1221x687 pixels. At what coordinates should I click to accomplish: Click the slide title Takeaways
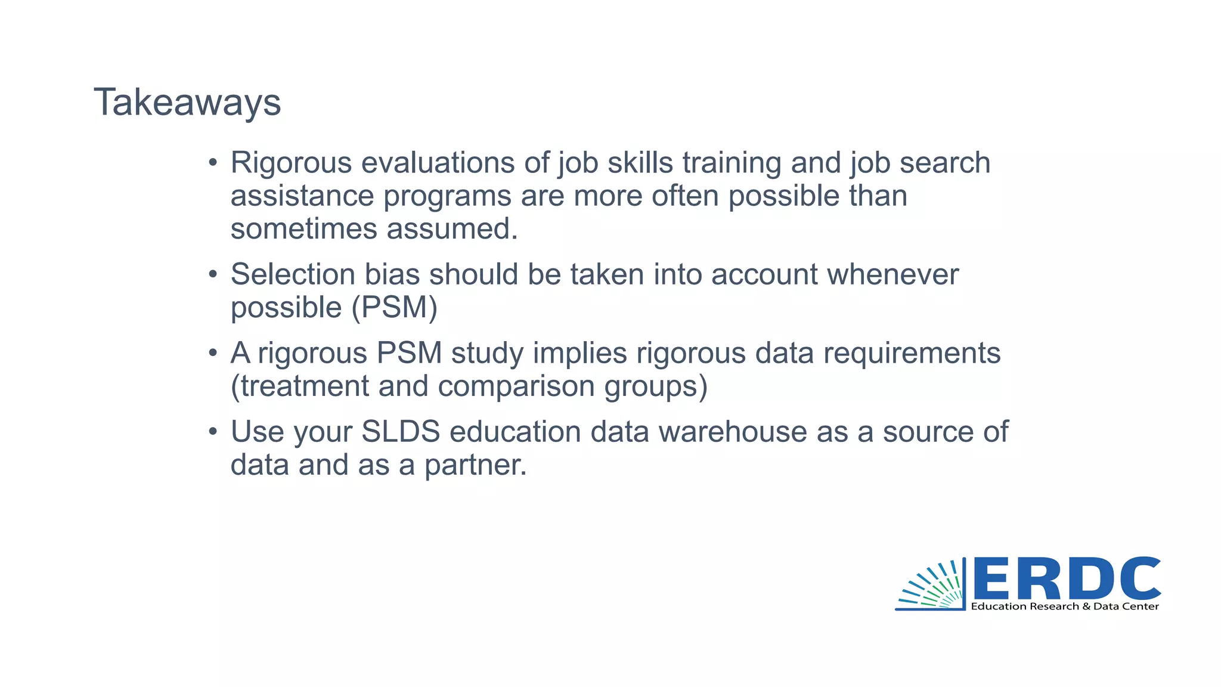click(x=187, y=103)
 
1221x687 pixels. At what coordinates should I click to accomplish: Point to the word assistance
click(x=302, y=196)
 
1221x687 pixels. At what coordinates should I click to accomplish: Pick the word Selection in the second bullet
click(x=293, y=275)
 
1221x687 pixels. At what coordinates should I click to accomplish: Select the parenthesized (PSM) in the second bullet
click(x=394, y=308)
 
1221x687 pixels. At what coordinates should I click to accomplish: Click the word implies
click(x=579, y=353)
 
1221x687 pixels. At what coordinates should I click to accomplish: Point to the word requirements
click(x=912, y=353)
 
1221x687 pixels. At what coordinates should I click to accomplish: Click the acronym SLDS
click(x=401, y=432)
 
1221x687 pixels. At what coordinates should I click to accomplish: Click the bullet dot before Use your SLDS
click(x=213, y=431)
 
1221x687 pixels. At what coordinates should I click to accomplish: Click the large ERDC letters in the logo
click(x=1067, y=578)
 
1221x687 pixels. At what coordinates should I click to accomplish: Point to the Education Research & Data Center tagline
click(x=1065, y=606)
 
